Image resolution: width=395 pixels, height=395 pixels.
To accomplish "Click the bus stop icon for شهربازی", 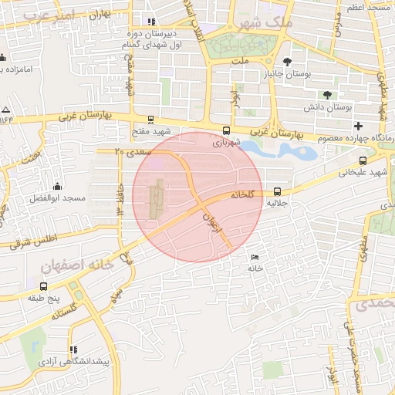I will coord(226,130).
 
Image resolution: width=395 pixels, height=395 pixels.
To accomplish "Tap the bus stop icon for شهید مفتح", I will coord(150,120).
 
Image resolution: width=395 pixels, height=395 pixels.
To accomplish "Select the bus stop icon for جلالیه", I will coord(278,191).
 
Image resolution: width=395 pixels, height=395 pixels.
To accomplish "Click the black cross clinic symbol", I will coord(357,126).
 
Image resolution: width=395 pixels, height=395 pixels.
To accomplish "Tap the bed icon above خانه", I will coord(255,257).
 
